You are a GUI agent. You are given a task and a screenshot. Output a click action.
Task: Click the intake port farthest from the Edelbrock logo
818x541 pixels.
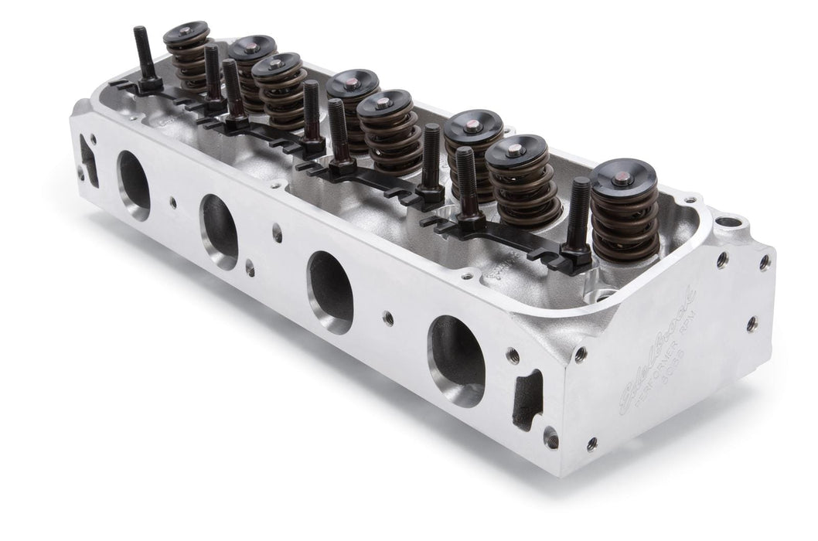[x=134, y=183]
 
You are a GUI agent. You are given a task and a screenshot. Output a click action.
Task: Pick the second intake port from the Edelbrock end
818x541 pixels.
[x=330, y=290]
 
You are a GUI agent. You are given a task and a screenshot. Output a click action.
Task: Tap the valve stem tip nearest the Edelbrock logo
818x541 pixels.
[x=622, y=178]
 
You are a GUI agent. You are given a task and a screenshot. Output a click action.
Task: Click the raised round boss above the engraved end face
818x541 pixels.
[x=728, y=226]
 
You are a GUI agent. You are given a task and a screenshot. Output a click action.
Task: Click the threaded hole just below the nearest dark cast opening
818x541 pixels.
[x=550, y=438]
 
